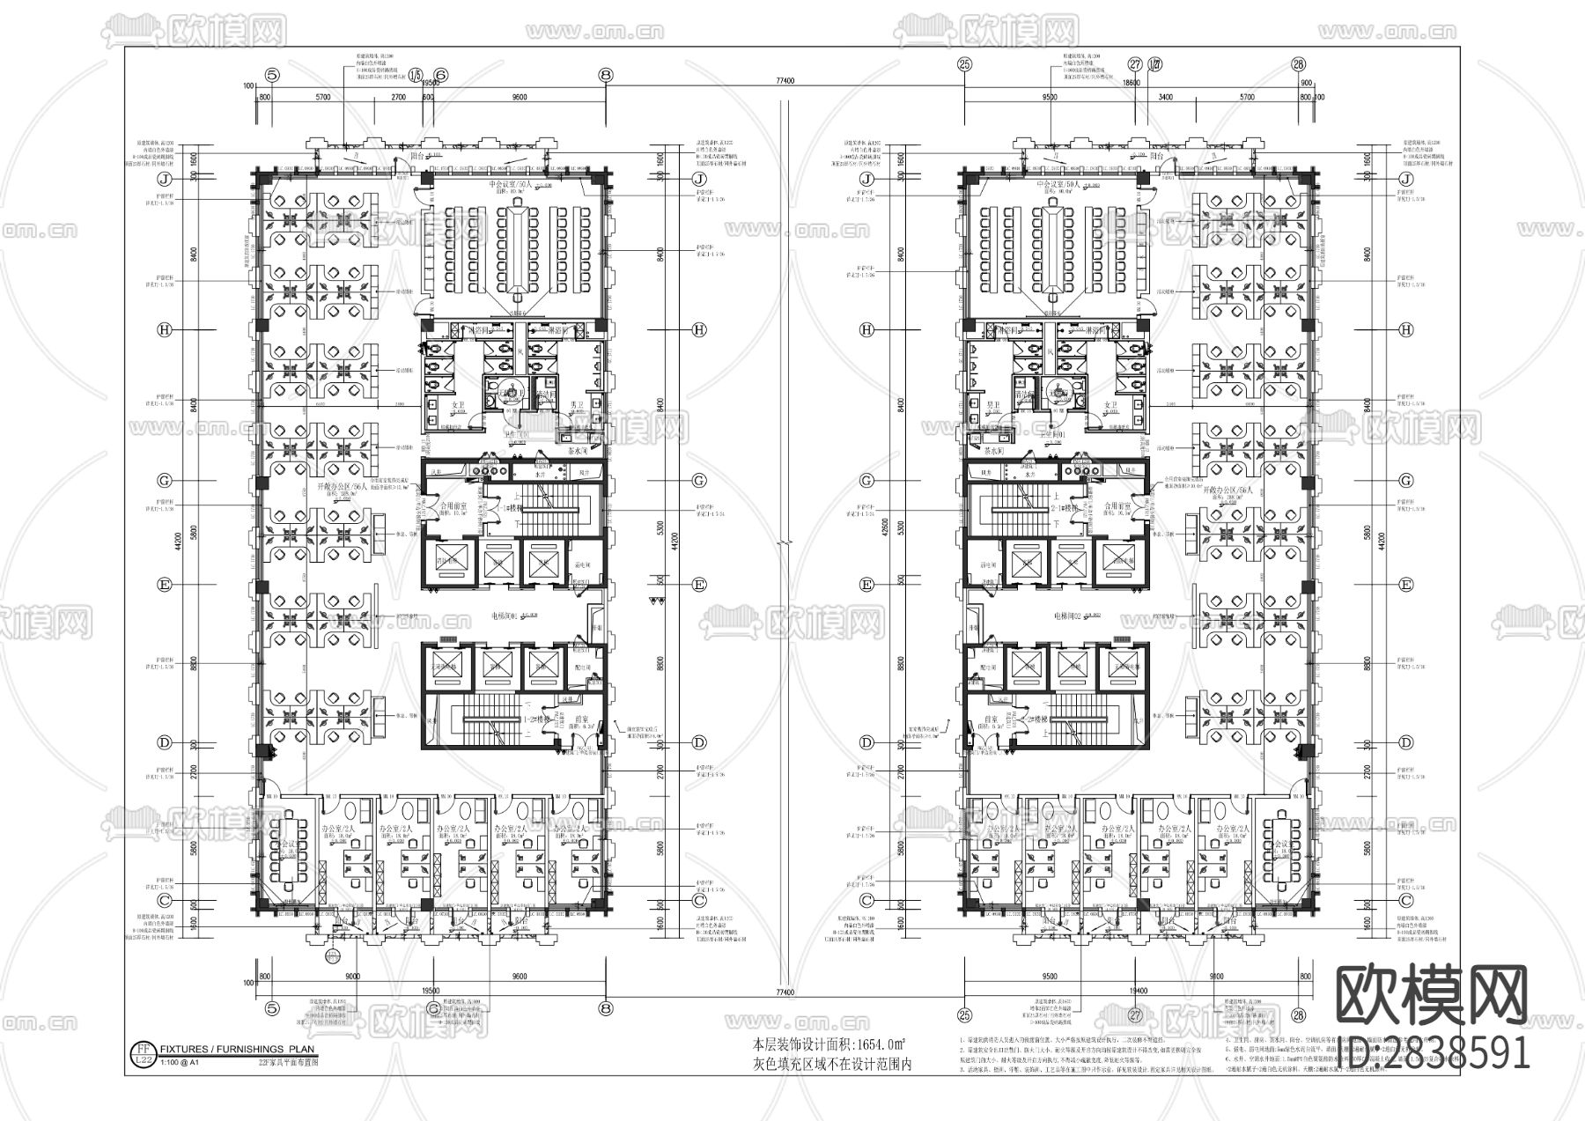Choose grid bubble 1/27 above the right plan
tap(1155, 64)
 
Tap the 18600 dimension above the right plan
tap(1132, 82)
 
